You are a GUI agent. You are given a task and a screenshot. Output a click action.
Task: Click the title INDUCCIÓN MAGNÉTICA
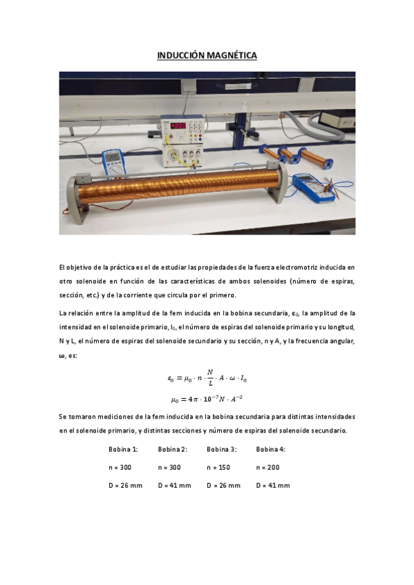point(207,55)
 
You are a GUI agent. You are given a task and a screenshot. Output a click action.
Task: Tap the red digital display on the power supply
point(179,126)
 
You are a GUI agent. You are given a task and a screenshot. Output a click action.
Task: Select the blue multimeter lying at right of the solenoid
point(312,186)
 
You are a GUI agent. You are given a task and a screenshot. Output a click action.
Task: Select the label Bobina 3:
point(221,449)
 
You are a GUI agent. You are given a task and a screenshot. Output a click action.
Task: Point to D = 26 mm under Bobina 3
point(223,485)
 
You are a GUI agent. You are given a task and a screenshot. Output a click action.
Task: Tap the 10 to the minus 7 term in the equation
point(211,399)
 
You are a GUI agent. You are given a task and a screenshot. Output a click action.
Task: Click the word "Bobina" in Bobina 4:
point(266,449)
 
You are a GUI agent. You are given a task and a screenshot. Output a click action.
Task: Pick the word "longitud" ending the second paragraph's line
point(340,327)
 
